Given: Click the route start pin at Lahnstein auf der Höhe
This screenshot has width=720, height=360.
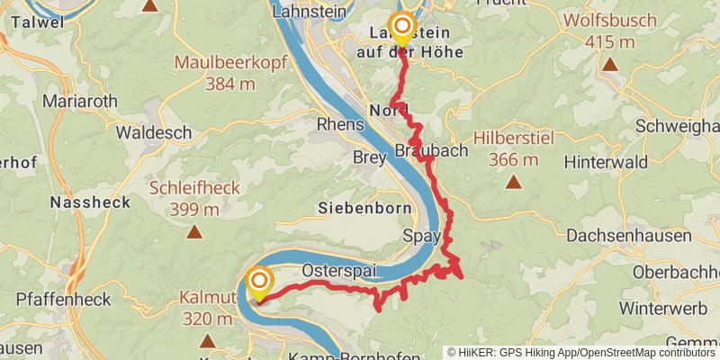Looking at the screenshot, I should [x=400, y=27].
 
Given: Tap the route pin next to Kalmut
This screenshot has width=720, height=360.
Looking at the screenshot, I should [x=259, y=283].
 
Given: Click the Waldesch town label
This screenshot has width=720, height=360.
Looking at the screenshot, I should [x=154, y=132].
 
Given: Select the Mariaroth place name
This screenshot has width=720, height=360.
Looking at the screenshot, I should [x=79, y=101].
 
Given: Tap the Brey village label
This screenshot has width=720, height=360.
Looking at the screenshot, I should [x=370, y=156].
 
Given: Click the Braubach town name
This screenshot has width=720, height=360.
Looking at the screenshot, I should [x=432, y=150].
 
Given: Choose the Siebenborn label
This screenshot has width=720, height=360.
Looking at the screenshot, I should [x=364, y=208].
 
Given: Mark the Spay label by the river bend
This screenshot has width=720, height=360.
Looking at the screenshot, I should [x=421, y=238].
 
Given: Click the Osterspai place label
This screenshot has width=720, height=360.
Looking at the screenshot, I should [x=337, y=270].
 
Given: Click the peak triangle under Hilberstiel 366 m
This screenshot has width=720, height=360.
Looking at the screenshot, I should [x=514, y=183].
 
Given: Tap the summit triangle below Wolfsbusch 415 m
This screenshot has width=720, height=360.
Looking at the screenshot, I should [x=610, y=64].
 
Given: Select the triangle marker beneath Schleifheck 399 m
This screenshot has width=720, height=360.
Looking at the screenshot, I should [x=193, y=232].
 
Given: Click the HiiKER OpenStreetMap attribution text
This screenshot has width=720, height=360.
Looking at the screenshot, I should [x=581, y=352].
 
